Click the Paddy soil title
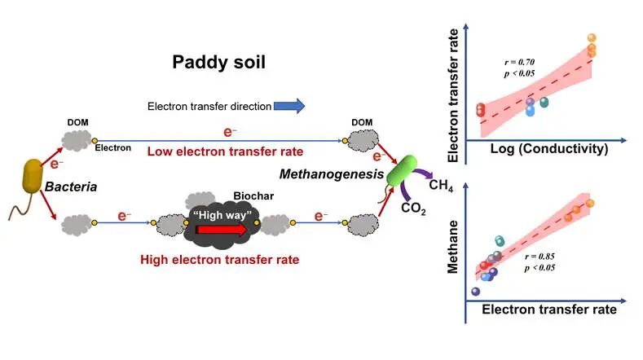coord(218,63)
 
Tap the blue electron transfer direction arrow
coord(289,106)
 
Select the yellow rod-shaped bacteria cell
coord(33,176)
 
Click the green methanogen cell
coord(402,170)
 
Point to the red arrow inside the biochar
coord(222,229)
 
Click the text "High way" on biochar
coord(222,215)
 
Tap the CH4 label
coord(441,186)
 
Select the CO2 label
coord(413,209)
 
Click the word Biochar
coord(253,196)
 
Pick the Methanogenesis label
coord(332,174)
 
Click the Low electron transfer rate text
coord(225,151)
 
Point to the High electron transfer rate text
coord(220,260)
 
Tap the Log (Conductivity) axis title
coord(549,148)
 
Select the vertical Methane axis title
coord(452,247)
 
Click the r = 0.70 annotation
coord(520,62)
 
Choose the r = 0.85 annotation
coord(540,257)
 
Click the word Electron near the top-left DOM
coord(112,147)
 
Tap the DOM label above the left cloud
coord(77,123)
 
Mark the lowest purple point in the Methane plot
coord(476,292)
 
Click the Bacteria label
coord(71,187)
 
